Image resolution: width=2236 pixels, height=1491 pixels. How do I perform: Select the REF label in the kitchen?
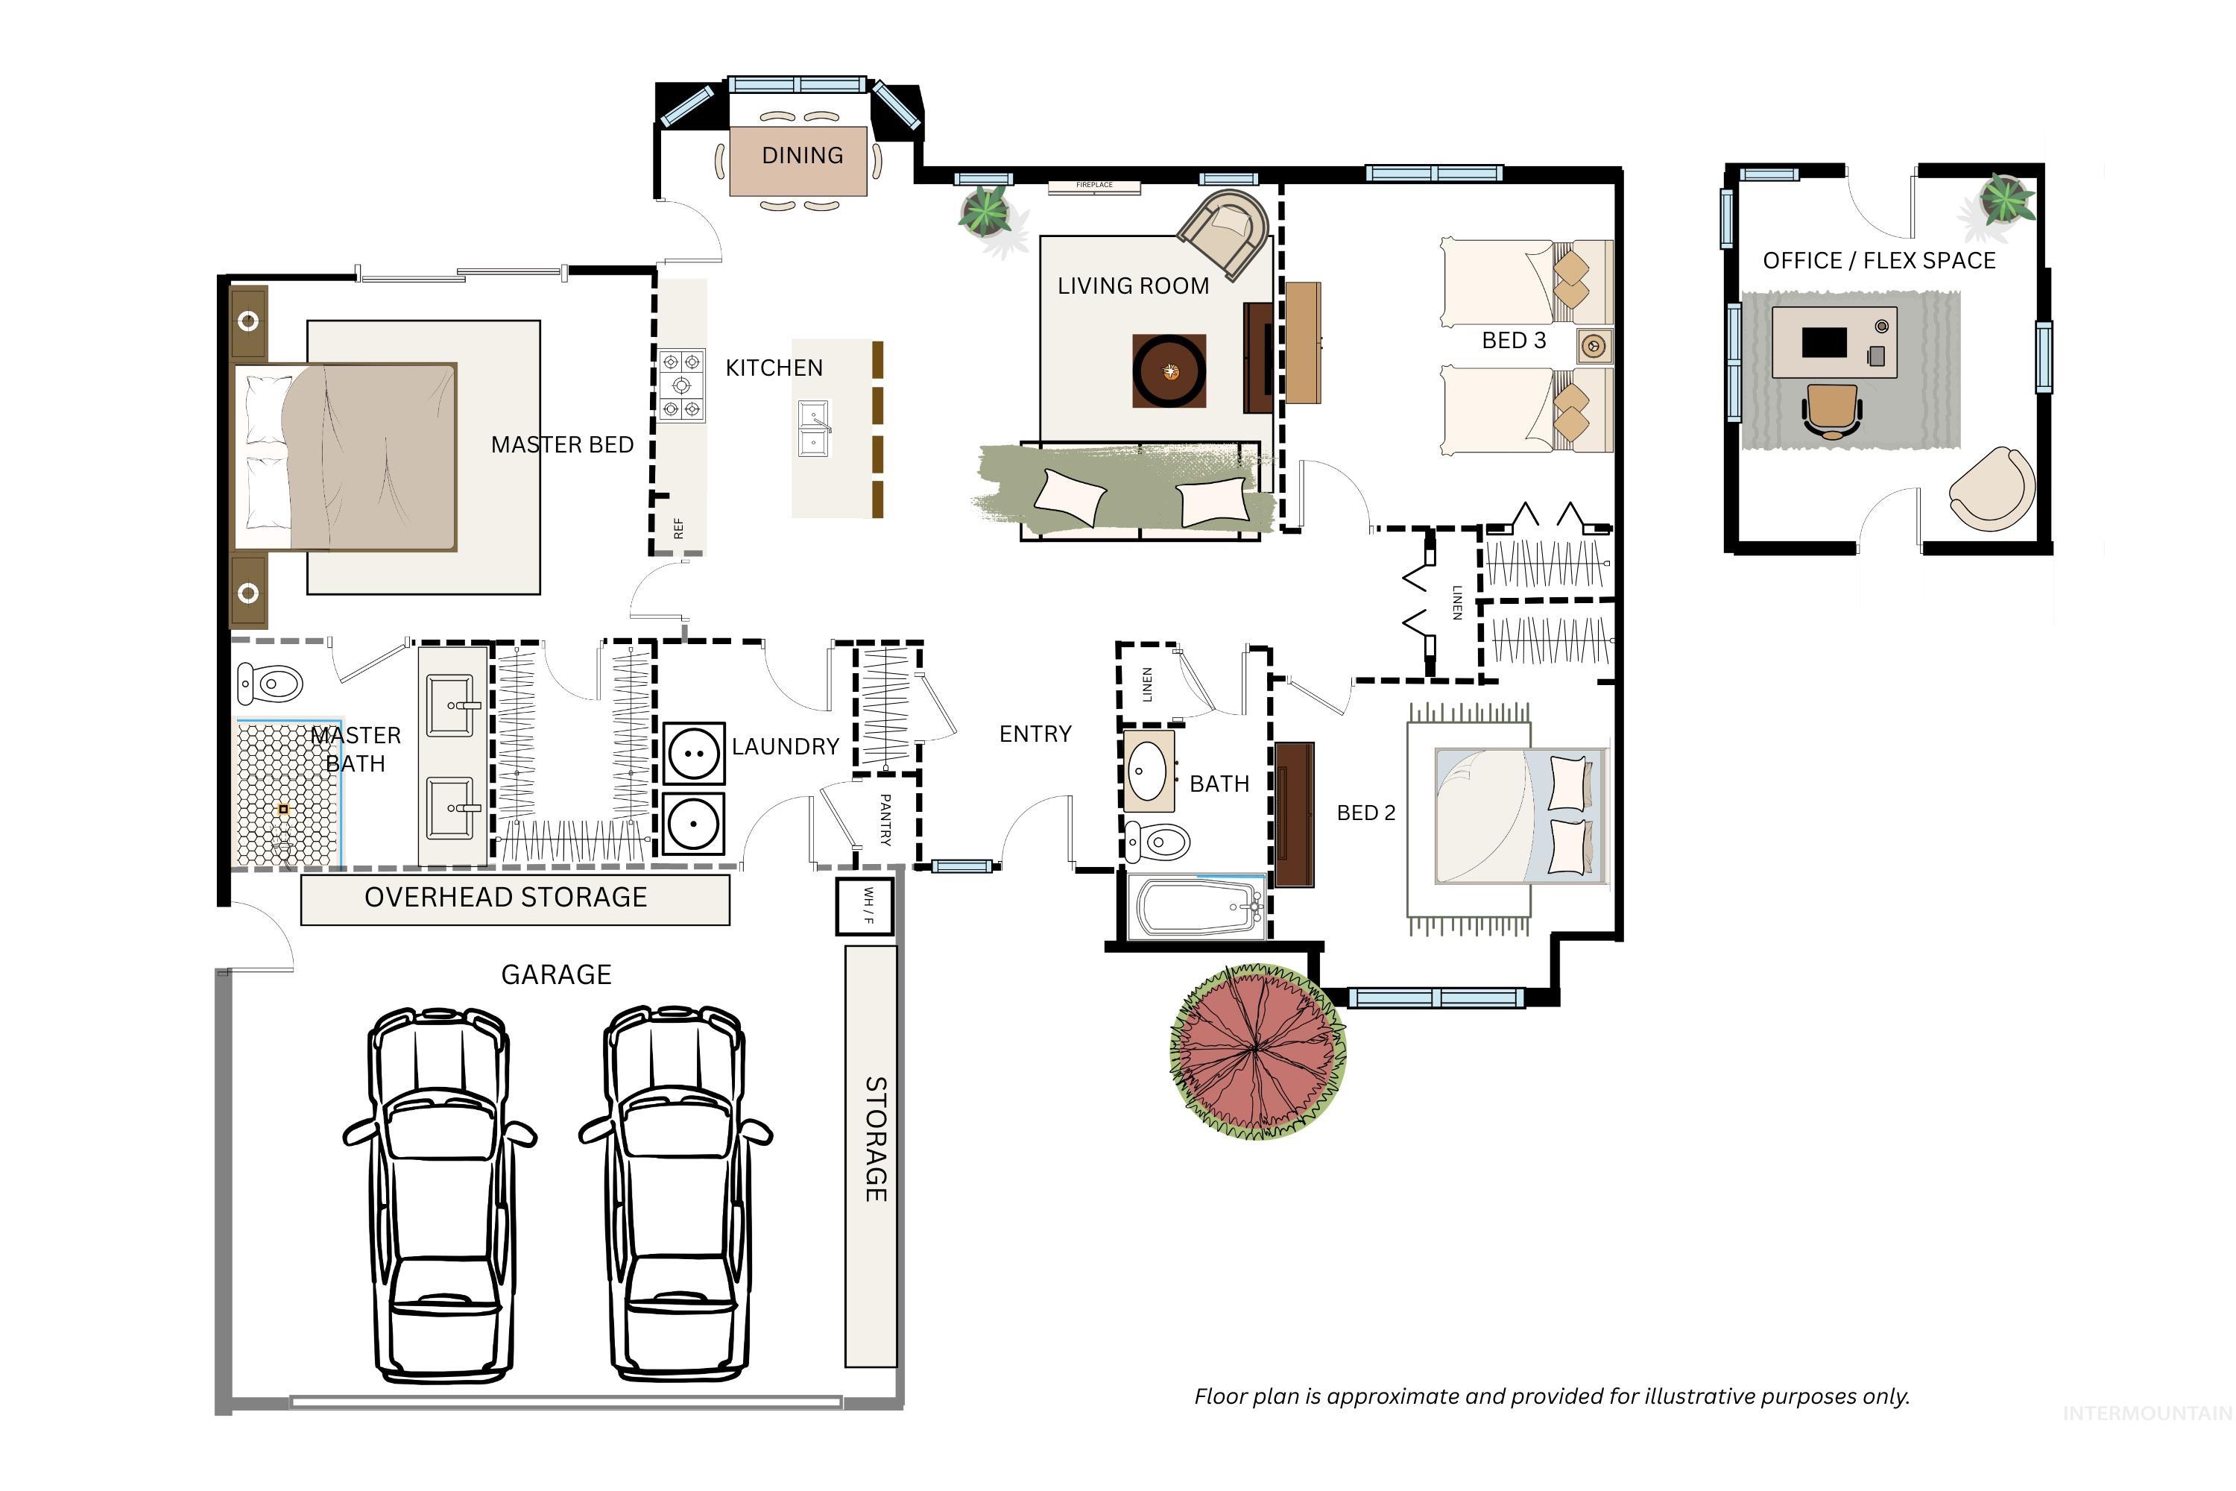pos(678,528)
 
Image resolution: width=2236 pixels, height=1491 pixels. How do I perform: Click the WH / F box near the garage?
pos(865,907)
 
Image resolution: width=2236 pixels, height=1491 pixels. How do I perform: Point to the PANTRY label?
pos(885,819)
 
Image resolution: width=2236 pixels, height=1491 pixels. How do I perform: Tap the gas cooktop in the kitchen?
pos(682,385)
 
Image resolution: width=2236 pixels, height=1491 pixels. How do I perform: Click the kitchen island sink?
pos(815,429)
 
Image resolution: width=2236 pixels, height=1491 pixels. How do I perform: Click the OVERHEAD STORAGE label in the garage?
pos(506,897)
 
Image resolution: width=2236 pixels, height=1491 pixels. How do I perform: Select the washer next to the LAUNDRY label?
pos(693,753)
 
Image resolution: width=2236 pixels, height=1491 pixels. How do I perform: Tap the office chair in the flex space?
pos(1831,410)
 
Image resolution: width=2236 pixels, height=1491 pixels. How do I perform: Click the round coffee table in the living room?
pos(1170,371)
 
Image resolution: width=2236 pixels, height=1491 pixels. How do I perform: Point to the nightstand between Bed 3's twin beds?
pos(1594,345)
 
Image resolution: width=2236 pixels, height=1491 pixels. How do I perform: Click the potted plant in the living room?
pos(986,211)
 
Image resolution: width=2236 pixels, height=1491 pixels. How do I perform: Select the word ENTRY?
pos(1035,734)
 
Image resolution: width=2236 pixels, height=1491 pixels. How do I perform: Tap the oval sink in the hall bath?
pos(1149,769)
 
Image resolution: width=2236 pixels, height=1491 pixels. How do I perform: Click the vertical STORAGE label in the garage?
pos(876,1139)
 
